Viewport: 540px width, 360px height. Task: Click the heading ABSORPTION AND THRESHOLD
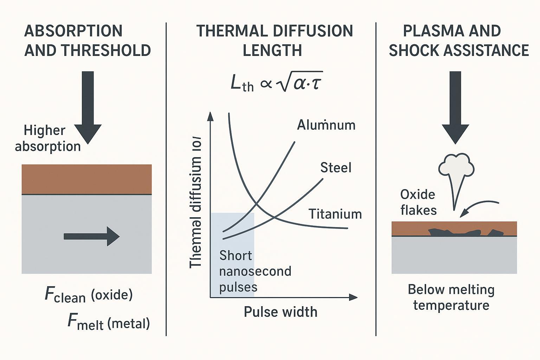[87, 41]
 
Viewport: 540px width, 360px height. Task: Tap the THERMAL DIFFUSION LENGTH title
[274, 41]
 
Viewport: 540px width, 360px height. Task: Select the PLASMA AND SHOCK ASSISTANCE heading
[458, 41]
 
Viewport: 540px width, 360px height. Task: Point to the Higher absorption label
[47, 139]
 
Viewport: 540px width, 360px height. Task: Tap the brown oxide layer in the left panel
[86, 179]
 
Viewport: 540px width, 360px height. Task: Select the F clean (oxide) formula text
[89, 295]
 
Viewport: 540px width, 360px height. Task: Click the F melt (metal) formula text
[108, 322]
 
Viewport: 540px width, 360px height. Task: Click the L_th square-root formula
[276, 84]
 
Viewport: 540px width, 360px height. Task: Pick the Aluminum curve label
[326, 125]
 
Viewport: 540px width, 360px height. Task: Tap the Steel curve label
[335, 168]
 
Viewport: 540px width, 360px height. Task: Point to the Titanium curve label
[335, 214]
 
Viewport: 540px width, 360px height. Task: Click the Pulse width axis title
[280, 312]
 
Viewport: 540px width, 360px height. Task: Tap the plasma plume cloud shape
[455, 165]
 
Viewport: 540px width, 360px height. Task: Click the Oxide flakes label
[418, 202]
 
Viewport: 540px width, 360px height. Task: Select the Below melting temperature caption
[451, 297]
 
